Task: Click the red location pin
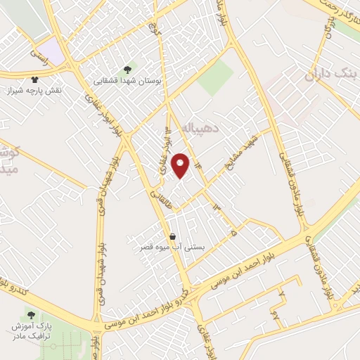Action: pos(181,165)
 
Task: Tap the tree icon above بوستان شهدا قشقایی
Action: pos(127,70)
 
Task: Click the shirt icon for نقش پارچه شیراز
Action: pos(35,79)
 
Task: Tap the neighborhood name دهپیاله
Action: pos(200,129)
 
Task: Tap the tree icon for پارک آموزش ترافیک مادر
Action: pos(30,314)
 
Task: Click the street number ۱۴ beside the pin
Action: pos(198,164)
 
